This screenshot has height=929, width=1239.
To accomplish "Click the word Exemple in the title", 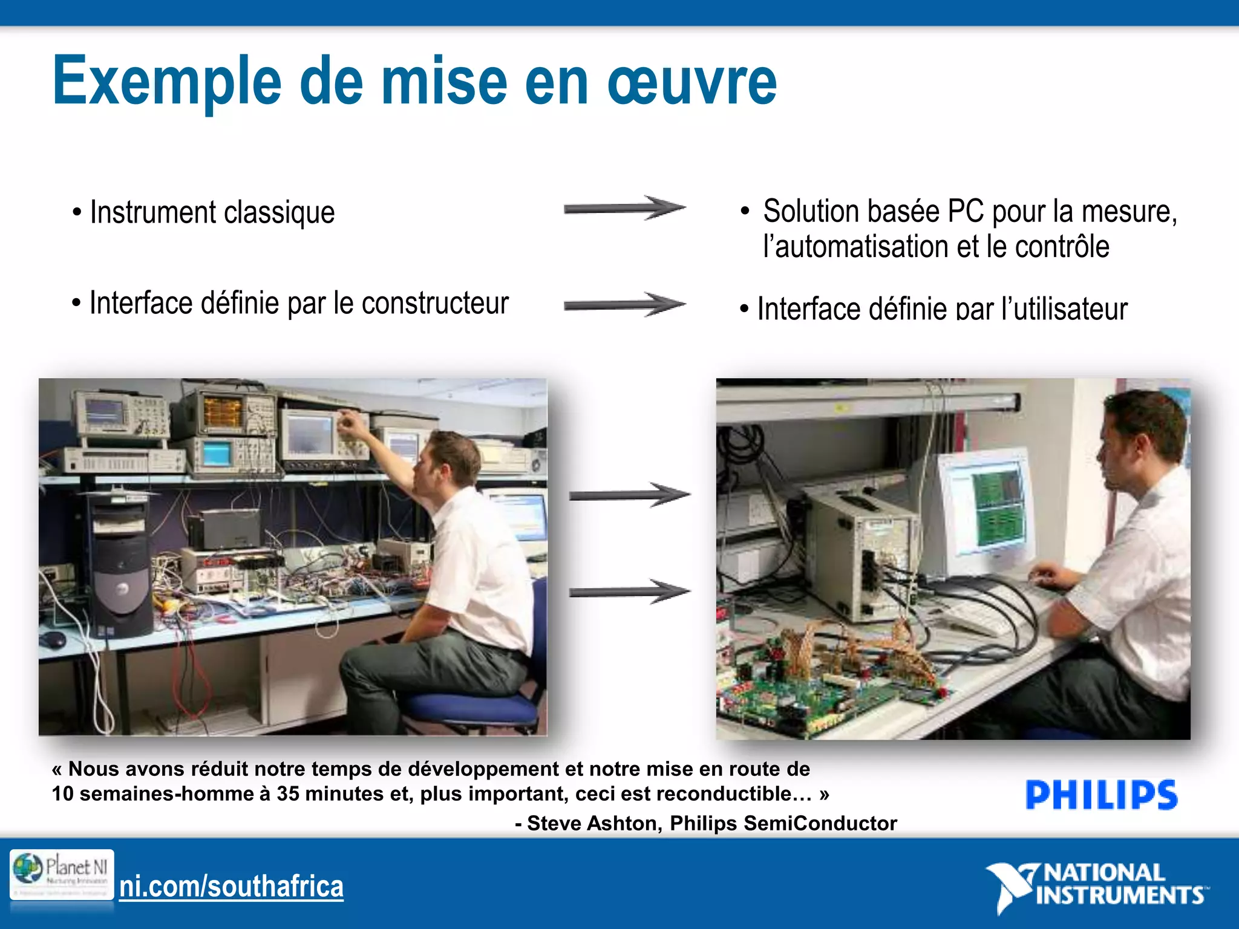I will [166, 82].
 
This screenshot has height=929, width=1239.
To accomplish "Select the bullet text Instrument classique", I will [212, 212].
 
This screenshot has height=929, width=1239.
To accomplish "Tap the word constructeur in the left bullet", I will [435, 303].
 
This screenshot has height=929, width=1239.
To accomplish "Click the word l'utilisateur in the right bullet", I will [1064, 309].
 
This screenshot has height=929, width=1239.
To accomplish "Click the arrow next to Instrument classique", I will [624, 209].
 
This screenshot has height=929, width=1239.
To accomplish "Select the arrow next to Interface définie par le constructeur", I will [624, 304].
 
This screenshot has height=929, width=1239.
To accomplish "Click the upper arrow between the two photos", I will [629, 495].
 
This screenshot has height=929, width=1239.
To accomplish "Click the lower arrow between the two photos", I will [629, 591].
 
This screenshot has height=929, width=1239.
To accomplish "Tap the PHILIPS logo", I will [1101, 795].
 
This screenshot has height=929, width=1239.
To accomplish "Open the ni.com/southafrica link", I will [231, 887].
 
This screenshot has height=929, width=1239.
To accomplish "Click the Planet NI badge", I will [62, 875].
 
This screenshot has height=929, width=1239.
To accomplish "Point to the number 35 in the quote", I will [288, 794].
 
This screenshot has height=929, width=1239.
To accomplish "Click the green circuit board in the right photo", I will [786, 696].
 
